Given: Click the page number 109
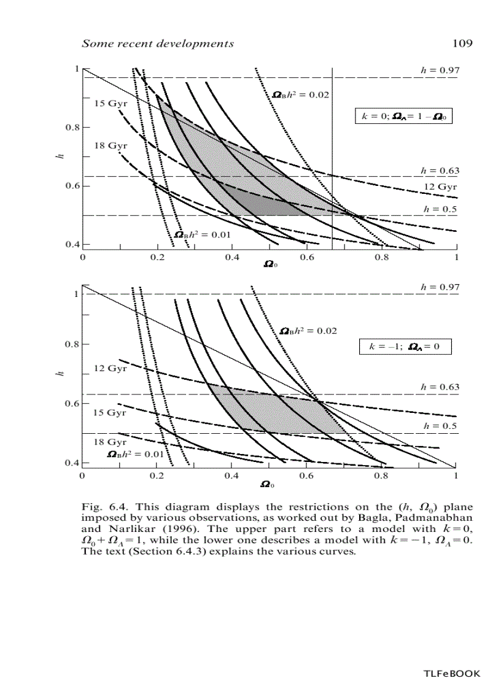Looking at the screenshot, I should click(461, 44).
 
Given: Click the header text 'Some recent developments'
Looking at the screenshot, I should click(158, 44).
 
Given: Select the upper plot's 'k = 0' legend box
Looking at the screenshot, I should click(403, 116).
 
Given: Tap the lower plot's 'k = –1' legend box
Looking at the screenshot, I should click(405, 347).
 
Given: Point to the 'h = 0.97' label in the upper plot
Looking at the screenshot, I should click(440, 71).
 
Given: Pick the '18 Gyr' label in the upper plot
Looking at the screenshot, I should click(110, 145).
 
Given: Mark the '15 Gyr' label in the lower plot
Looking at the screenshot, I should click(109, 412).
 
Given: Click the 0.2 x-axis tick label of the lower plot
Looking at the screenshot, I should click(157, 475).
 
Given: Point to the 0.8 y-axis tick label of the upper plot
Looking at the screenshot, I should click(71, 128).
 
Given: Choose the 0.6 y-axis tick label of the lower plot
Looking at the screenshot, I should click(71, 404).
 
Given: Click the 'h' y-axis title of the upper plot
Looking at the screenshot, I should click(60, 158).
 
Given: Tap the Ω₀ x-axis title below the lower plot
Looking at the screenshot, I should click(268, 485).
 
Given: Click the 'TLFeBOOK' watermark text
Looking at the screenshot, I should click(451, 674).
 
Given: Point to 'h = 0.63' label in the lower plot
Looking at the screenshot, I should click(440, 387).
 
